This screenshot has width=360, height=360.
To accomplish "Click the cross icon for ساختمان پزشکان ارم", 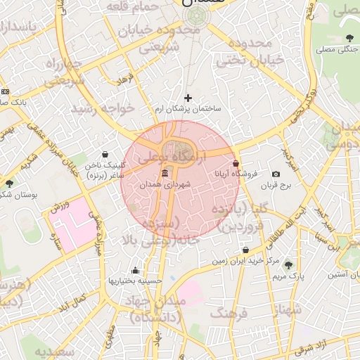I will click(188, 98).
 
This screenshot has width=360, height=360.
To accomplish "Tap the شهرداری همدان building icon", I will click(165, 173).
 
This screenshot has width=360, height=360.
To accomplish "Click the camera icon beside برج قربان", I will click(276, 174).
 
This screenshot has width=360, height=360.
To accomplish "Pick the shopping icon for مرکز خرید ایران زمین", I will click(245, 250).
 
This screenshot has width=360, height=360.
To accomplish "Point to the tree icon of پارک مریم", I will click(288, 264).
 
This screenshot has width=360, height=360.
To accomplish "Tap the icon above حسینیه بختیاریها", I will click(135, 270).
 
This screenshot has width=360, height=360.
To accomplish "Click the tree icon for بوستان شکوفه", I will click(9, 184).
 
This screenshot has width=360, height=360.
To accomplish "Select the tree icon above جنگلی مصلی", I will click(350, 38).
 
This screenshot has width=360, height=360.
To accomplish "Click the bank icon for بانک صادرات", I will click(6, 91).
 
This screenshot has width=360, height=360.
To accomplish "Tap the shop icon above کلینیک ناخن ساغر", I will click(105, 154).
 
